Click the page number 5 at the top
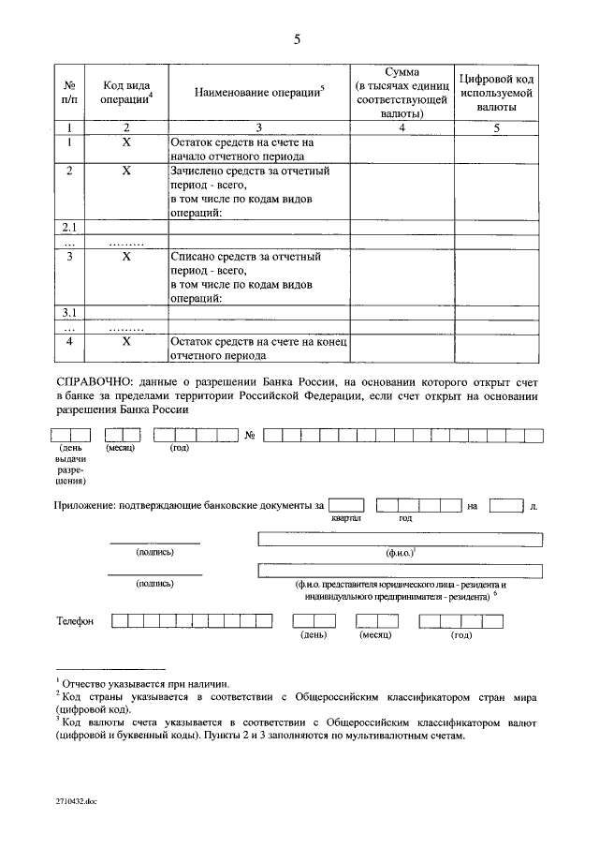pos(298,38)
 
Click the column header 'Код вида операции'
pos(126,92)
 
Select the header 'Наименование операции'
pos(259,92)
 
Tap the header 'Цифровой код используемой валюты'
pos(497,92)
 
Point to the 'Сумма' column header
pos(402,92)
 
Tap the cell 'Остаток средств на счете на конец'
pos(258,349)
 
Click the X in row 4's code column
pos(126,342)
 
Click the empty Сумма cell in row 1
pos(402,149)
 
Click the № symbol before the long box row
pos(250,435)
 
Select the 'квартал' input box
pos(345,506)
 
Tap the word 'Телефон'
pos(76,620)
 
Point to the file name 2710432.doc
pos(77,803)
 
